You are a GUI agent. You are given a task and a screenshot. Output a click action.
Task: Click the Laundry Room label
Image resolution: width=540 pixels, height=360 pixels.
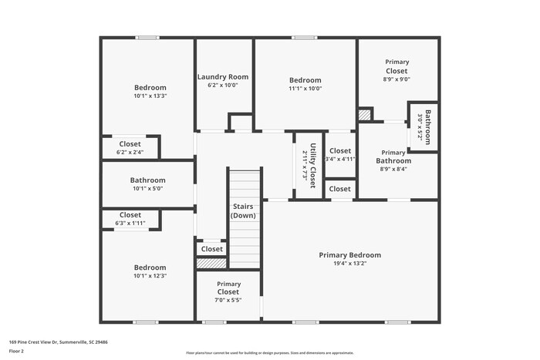click(223, 76)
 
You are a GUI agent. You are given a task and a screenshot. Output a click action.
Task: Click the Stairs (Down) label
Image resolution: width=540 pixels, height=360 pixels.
click(244, 211)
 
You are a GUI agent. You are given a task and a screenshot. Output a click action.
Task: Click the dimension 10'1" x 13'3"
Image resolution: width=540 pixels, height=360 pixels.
click(150, 96)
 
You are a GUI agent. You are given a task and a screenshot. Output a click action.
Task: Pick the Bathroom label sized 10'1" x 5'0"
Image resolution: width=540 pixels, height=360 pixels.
click(147, 180)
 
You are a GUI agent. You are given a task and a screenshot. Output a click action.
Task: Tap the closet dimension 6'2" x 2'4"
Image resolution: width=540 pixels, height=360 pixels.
click(130, 153)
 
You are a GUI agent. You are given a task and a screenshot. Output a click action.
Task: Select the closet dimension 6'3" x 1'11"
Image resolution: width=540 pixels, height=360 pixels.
click(130, 224)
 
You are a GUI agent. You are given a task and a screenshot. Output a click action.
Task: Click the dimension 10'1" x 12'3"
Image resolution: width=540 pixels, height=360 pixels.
click(150, 276)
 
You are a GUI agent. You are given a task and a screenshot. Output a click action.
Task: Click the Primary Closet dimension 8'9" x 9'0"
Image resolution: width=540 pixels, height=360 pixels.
click(397, 79)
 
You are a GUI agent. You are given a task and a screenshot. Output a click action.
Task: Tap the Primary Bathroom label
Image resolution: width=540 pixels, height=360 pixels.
click(393, 156)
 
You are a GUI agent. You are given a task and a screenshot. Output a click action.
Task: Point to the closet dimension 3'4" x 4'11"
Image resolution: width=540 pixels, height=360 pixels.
click(339, 160)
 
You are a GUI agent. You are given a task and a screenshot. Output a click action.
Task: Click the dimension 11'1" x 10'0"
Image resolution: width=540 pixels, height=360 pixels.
click(305, 89)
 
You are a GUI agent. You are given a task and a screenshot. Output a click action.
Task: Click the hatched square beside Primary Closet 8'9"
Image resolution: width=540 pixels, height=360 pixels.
click(364, 114)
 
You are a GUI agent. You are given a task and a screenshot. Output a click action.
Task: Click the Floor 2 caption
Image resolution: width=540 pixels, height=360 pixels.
click(17, 351)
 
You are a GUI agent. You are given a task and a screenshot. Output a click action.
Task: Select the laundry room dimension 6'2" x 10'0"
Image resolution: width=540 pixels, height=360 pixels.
click(223, 86)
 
